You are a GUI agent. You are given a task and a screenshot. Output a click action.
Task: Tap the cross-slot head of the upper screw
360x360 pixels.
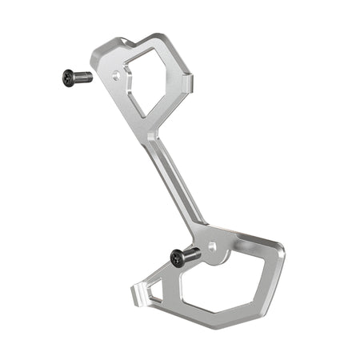(x=68, y=78)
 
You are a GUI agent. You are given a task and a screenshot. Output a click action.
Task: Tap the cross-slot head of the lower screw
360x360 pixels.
(x=177, y=258)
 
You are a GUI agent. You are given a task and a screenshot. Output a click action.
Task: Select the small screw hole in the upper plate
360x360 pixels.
(x=118, y=78)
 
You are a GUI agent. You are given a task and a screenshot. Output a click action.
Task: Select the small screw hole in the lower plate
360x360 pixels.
(x=212, y=246)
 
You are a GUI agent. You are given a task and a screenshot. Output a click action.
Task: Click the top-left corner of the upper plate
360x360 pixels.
(x=94, y=54)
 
